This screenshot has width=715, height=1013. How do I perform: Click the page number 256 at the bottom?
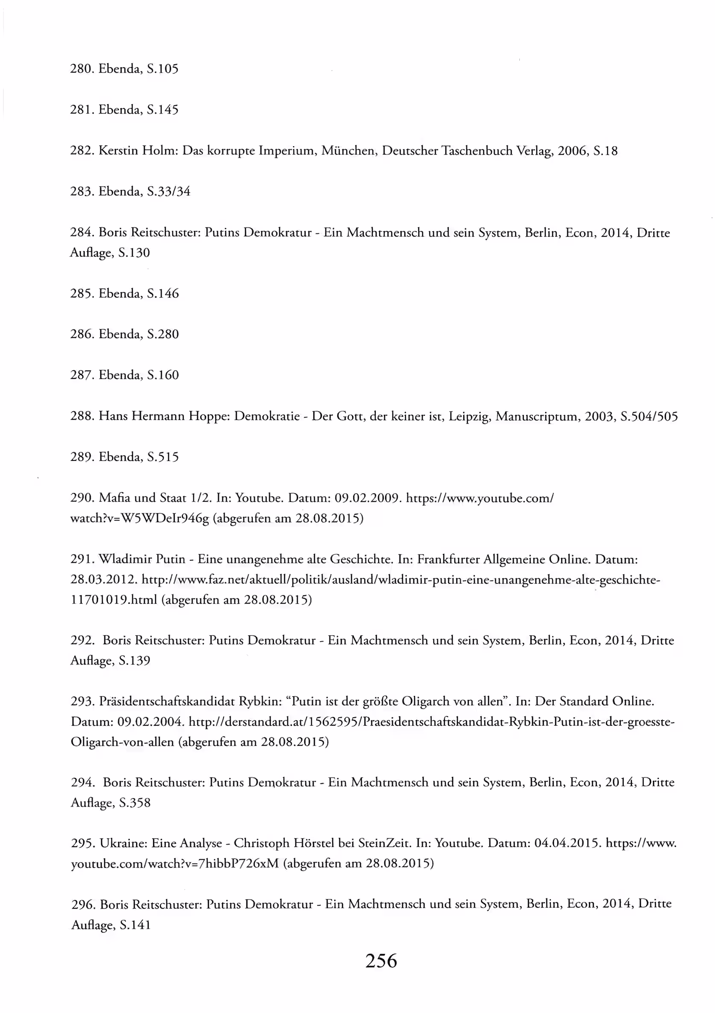381,960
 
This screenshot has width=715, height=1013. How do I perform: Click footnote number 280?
82,69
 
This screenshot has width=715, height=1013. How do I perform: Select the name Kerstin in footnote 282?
118,151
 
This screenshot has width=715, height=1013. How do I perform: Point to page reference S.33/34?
169,191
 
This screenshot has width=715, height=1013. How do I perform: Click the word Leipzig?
469,416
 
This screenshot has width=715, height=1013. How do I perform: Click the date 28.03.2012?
104,580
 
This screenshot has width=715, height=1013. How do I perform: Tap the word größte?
381,701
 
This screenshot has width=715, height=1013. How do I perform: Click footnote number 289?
82,457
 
